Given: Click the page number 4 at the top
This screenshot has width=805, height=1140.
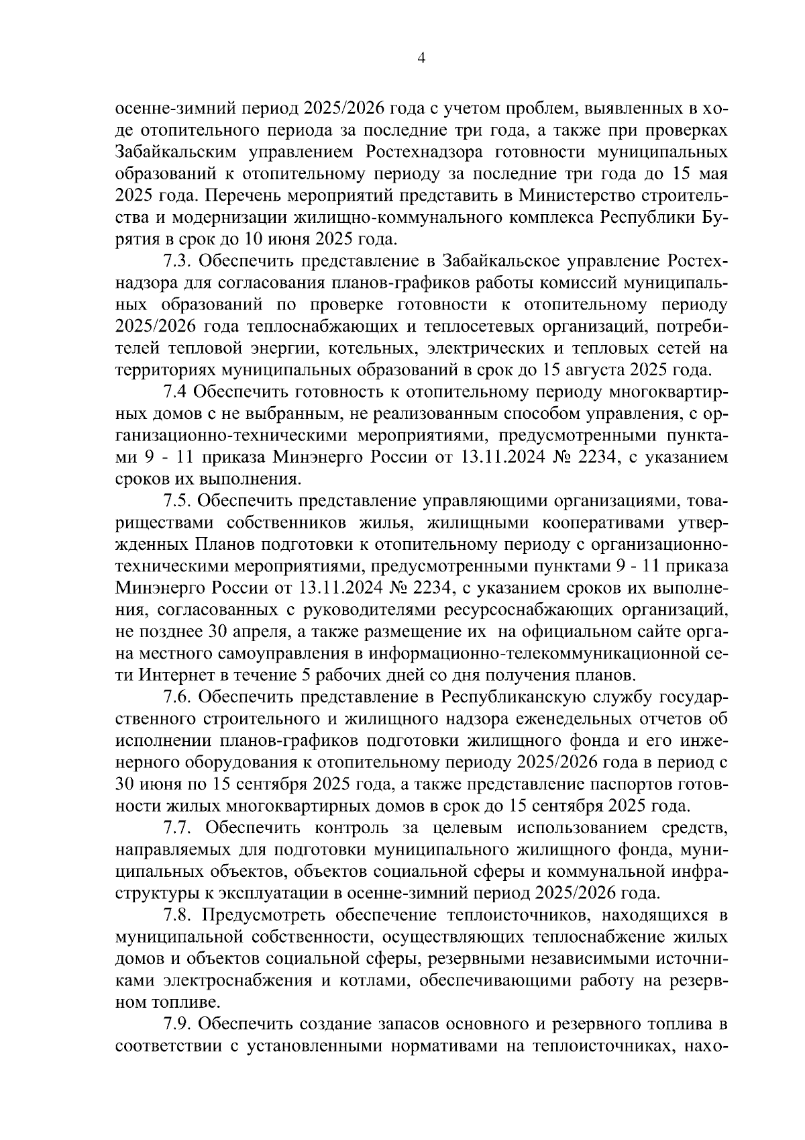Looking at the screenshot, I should (x=421, y=58).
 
